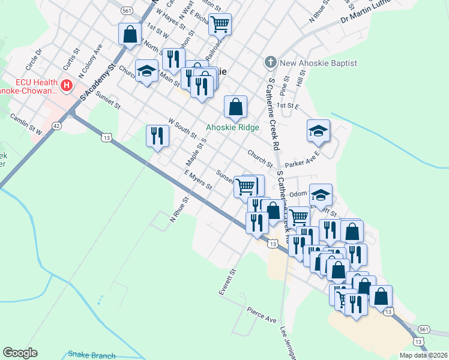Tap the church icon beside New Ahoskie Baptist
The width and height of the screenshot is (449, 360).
coord(270,63)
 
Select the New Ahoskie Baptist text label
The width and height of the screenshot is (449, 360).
coord(318,63)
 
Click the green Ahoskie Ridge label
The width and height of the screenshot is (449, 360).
coord(233,127)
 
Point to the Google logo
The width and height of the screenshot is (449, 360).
coord(20,353)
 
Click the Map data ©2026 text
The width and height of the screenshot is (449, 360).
coord(423,355)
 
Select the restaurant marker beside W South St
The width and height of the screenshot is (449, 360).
coord(158,136)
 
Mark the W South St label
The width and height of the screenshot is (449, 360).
coord(182,128)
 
